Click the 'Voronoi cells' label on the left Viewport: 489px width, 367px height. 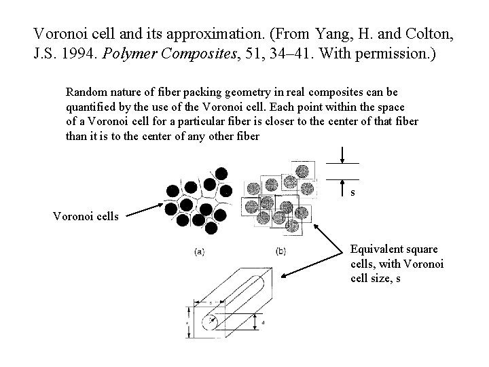point(86,217)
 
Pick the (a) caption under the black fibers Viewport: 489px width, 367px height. point(200,251)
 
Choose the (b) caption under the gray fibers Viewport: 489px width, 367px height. point(281,251)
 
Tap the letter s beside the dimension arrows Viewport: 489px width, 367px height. point(352,193)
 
